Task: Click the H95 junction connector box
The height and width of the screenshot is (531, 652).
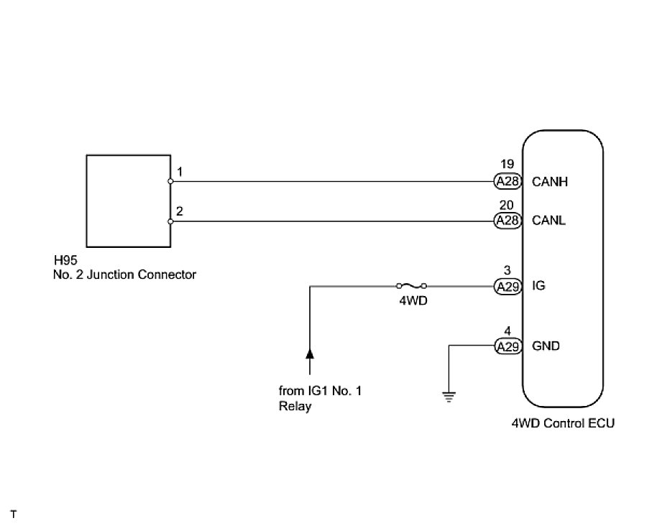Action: (128, 200)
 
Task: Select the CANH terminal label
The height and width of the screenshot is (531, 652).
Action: (550, 182)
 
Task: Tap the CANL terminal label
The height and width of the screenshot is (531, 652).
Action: (549, 221)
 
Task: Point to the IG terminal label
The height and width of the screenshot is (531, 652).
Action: (538, 286)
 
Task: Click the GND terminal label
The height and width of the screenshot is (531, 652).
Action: (546, 346)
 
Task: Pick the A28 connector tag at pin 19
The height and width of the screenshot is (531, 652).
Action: (508, 182)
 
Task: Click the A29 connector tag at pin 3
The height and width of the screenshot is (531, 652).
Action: (508, 286)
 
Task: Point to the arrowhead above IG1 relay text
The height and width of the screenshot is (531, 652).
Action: (310, 353)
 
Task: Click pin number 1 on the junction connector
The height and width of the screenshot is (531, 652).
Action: (179, 172)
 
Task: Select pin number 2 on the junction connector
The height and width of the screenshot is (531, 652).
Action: (179, 211)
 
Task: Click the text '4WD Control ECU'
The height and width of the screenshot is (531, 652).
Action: (562, 423)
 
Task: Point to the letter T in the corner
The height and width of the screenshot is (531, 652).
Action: (13, 514)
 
